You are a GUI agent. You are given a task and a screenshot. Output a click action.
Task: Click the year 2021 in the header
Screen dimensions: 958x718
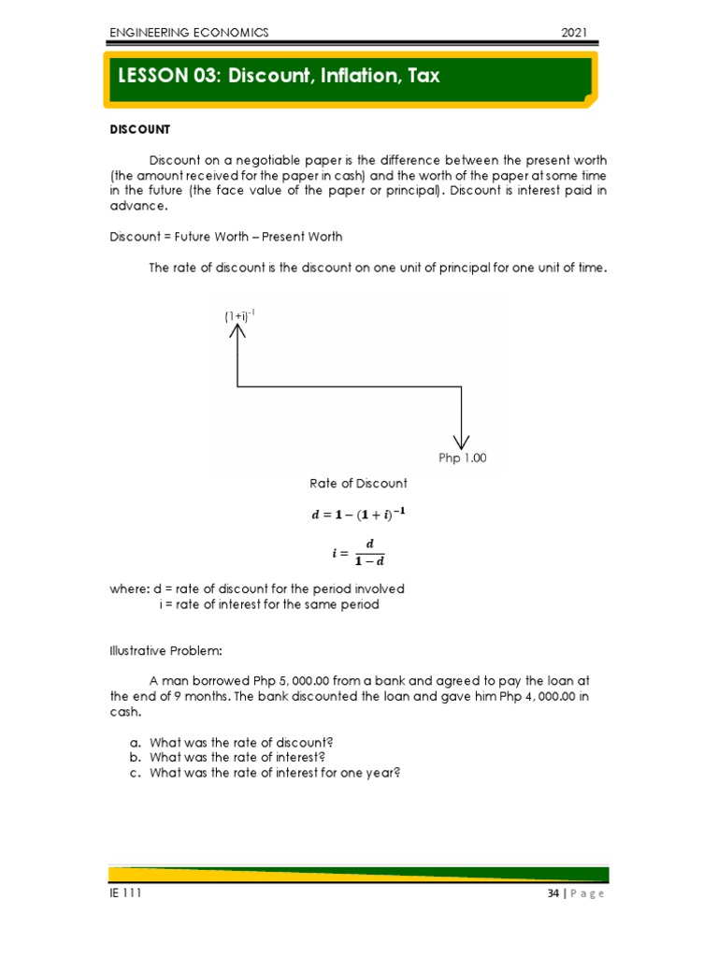(x=573, y=33)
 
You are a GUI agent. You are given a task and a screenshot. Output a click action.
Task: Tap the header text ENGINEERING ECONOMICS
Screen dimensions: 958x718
(x=189, y=33)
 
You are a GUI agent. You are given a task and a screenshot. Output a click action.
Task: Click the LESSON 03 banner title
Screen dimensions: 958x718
(x=279, y=76)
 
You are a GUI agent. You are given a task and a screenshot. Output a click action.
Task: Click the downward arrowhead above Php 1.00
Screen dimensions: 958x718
(x=462, y=440)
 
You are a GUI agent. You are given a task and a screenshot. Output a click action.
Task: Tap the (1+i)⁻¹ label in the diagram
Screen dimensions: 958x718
(x=239, y=316)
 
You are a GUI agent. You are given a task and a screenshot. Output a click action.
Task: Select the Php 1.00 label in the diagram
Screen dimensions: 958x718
(x=463, y=458)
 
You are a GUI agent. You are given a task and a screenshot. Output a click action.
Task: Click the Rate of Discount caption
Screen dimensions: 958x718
(x=358, y=484)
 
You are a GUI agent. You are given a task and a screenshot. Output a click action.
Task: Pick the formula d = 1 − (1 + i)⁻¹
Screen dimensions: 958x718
(x=358, y=514)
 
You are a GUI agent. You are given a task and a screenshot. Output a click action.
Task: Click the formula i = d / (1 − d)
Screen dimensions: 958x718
(x=358, y=552)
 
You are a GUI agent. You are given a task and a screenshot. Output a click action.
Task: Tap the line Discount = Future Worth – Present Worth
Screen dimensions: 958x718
(x=226, y=237)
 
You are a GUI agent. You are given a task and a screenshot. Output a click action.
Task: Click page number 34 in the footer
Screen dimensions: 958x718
(x=553, y=893)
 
